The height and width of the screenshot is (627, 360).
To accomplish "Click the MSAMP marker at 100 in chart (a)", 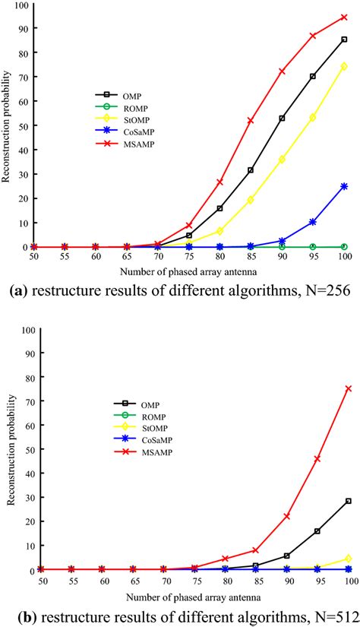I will click(x=344, y=17).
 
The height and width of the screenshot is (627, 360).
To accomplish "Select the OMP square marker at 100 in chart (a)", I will click(x=344, y=40).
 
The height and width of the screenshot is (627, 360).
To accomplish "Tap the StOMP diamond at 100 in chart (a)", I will click(x=344, y=66).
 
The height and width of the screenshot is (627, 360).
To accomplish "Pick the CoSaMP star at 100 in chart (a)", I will click(x=344, y=186).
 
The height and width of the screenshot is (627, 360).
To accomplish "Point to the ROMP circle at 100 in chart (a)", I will click(x=344, y=247).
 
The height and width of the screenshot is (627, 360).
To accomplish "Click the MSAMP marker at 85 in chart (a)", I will click(x=250, y=121).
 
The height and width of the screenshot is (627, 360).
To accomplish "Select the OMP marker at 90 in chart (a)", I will click(x=282, y=119).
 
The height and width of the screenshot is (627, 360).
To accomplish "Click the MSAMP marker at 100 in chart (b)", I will click(x=349, y=388).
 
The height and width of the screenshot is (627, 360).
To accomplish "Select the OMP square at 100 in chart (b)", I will click(x=349, y=501).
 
